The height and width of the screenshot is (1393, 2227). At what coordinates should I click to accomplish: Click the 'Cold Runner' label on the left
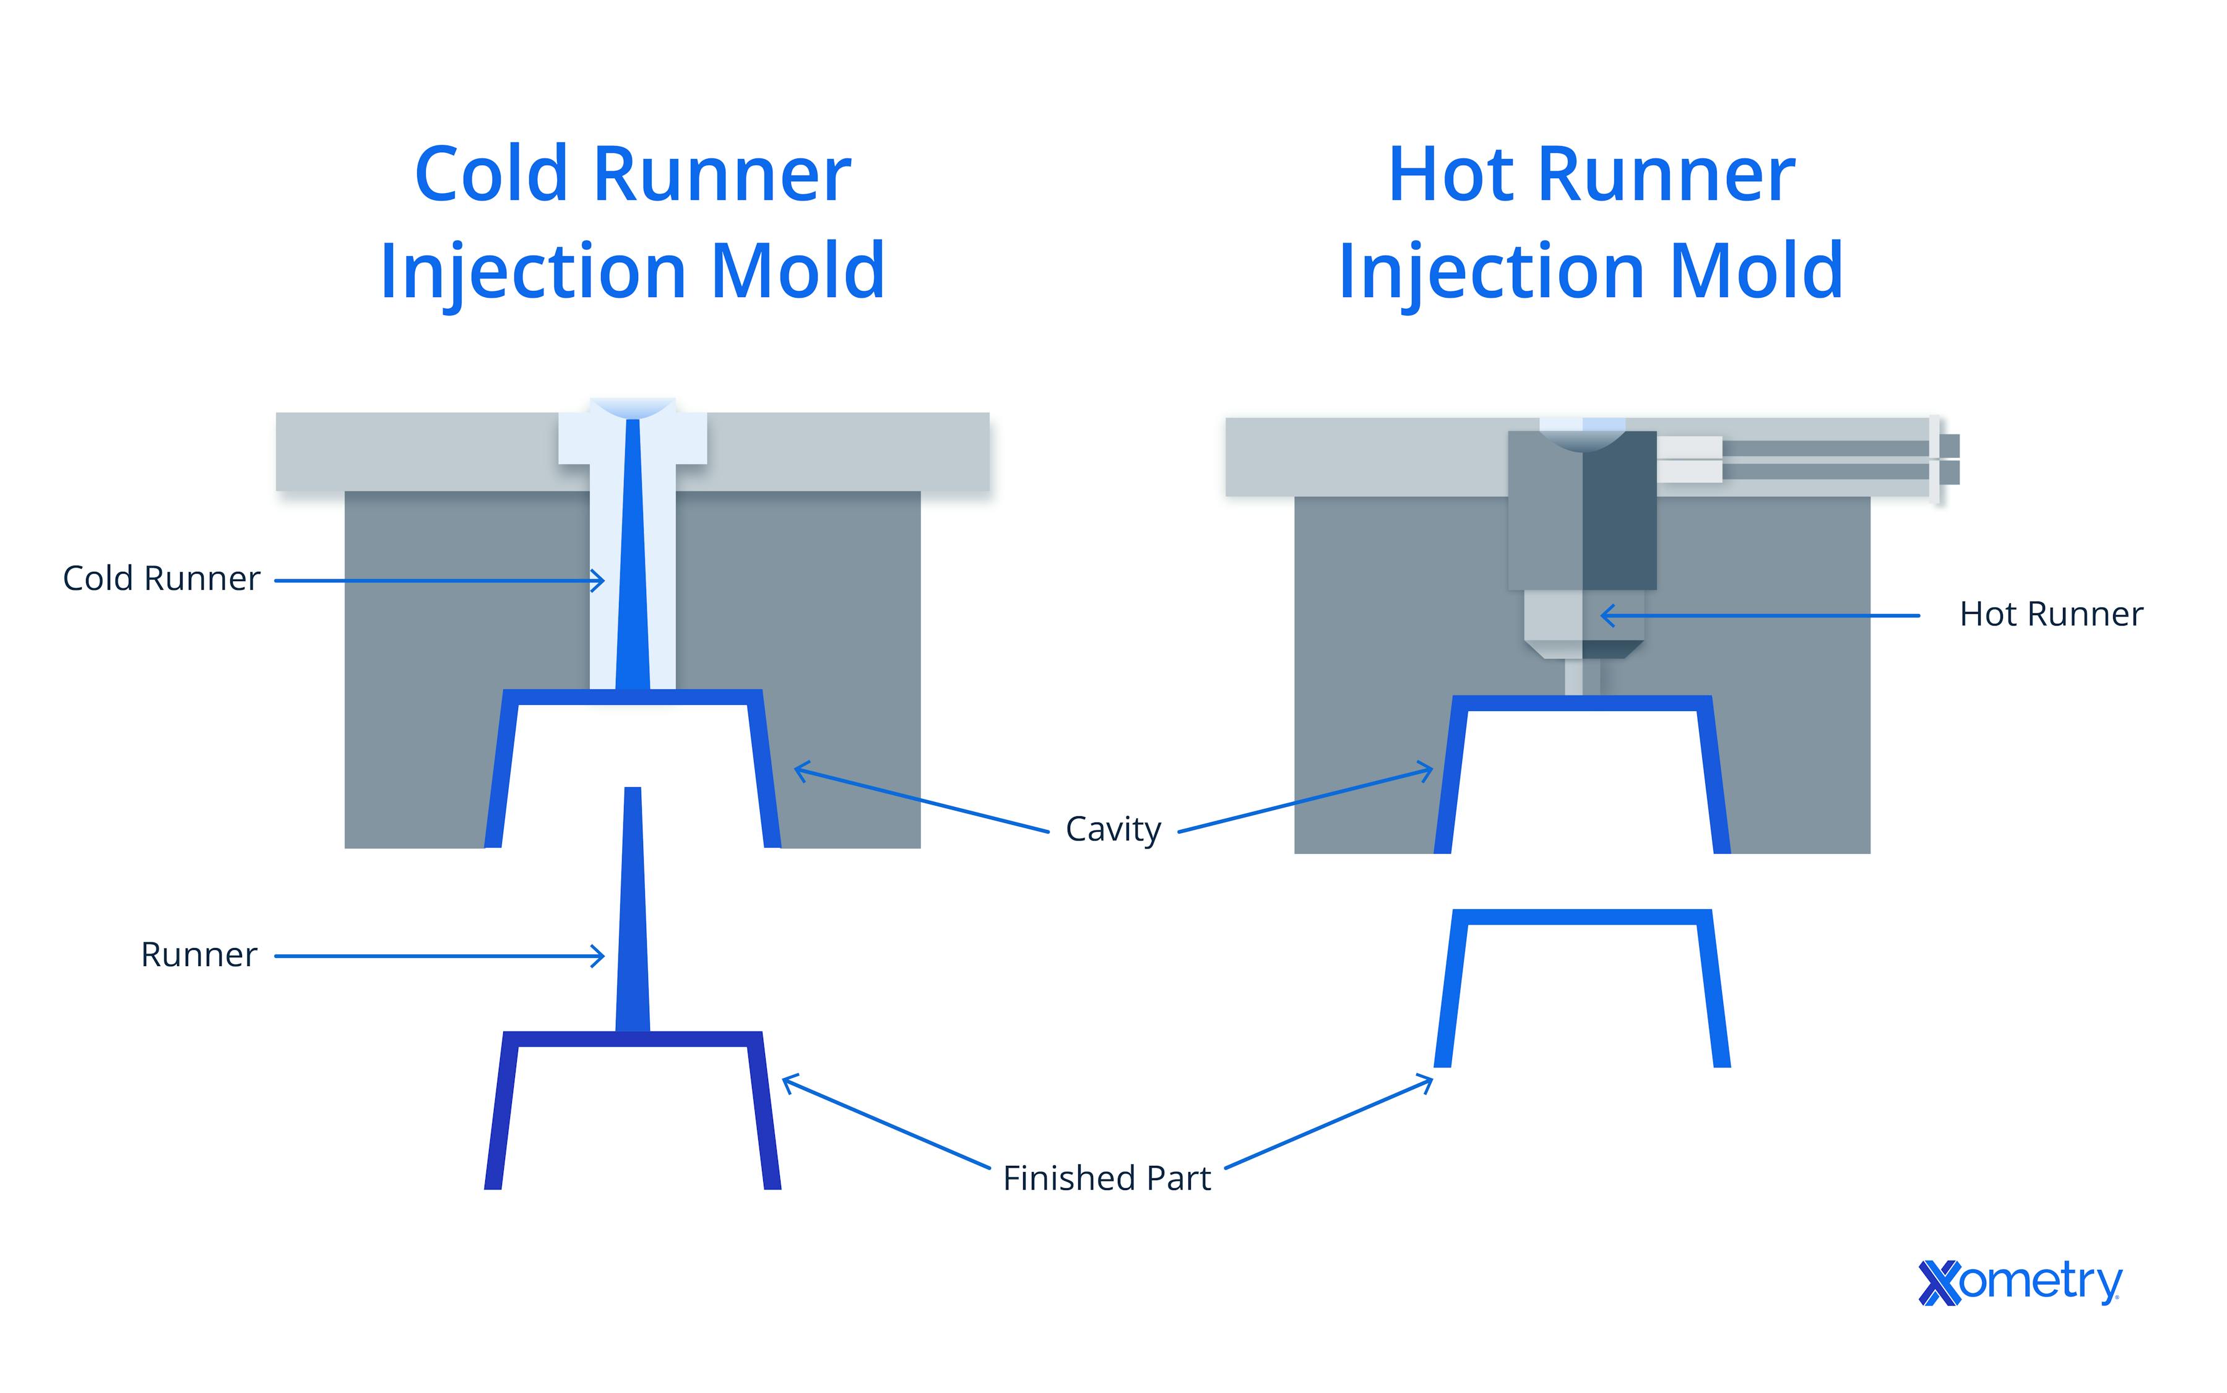pyautogui.click(x=162, y=579)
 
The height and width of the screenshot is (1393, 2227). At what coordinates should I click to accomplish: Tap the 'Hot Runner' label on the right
pyautogui.click(x=2050, y=615)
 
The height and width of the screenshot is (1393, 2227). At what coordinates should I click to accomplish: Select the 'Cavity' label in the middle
pyautogui.click(x=1112, y=829)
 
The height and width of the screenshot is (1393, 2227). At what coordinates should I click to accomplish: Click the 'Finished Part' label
pyautogui.click(x=1105, y=1178)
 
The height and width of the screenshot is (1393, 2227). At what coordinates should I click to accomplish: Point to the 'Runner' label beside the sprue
pyautogui.click(x=198, y=955)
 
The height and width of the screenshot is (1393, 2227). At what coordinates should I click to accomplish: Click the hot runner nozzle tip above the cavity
pyautogui.click(x=1582, y=677)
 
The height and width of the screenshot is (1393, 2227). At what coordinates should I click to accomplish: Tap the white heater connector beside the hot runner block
pyautogui.click(x=1689, y=459)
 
